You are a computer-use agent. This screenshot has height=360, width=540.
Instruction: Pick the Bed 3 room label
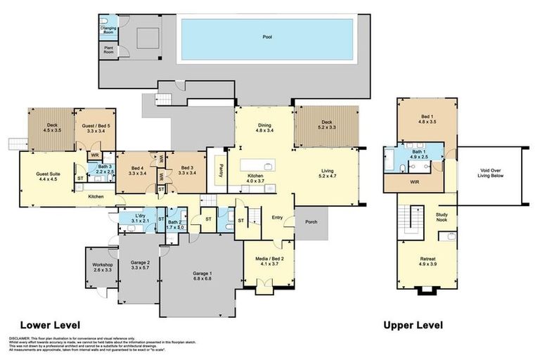[186, 171]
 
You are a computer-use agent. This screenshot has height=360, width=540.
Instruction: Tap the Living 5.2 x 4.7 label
[327, 173]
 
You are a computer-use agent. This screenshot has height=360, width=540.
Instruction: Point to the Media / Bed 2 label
[270, 262]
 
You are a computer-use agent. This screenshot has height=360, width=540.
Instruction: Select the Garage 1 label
[202, 276]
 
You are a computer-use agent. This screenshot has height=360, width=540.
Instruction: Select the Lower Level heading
[49, 325]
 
